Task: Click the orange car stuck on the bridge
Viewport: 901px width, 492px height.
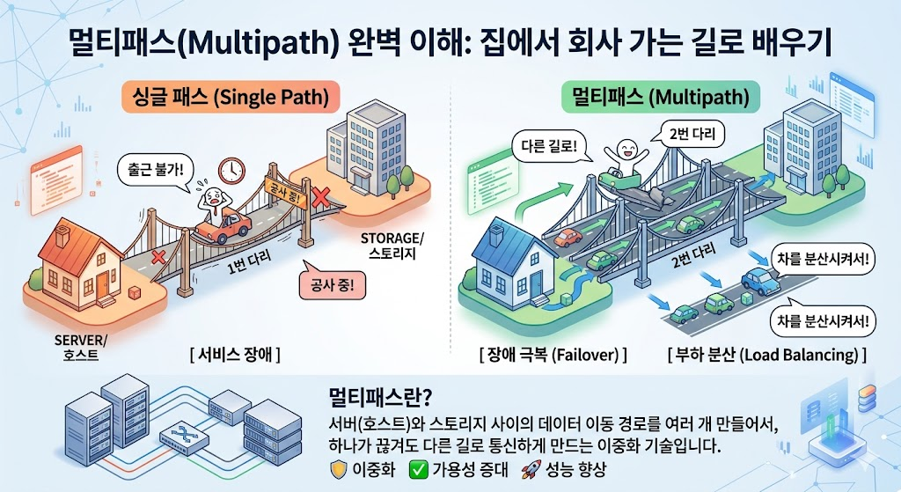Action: coord(222,227)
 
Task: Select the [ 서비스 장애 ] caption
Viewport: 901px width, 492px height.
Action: coord(234,356)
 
